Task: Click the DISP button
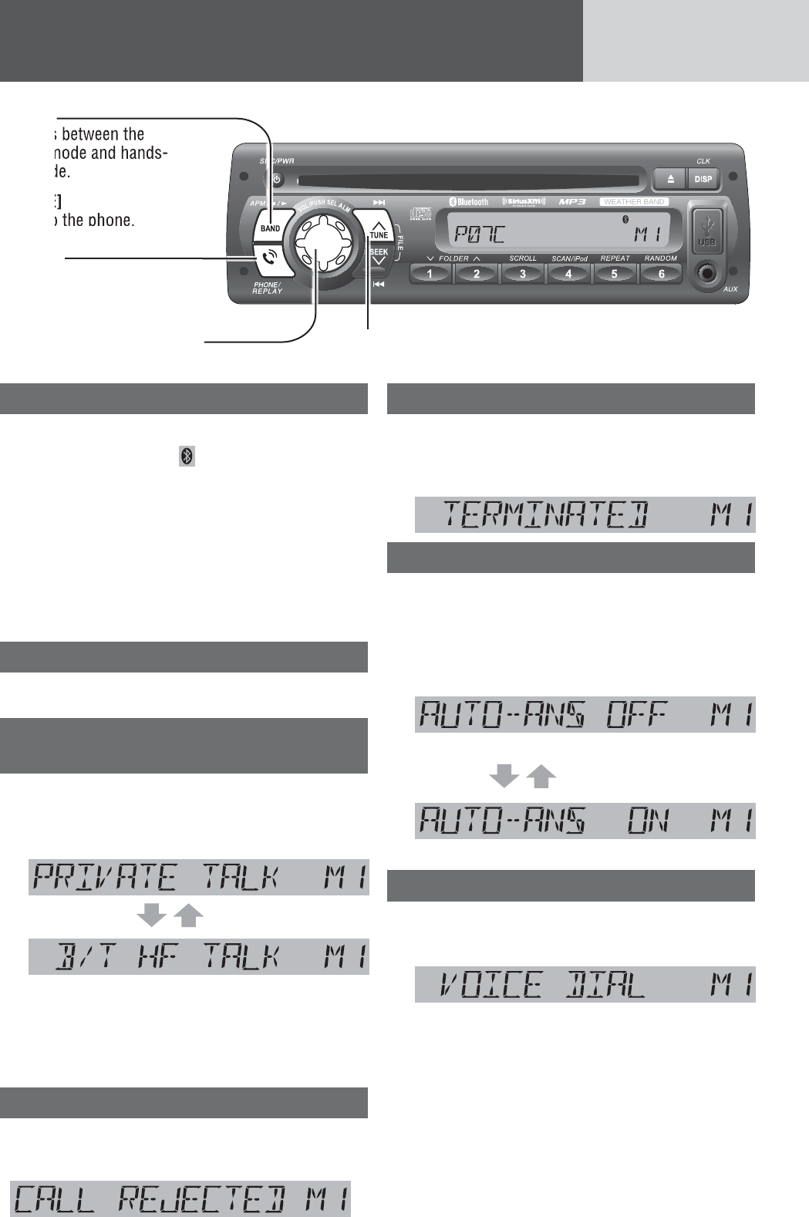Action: (703, 179)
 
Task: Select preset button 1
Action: (430, 274)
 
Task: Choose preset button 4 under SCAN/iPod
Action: (568, 274)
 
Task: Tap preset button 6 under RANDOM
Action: (660, 274)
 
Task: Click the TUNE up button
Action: (378, 231)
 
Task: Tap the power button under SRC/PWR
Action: (276, 180)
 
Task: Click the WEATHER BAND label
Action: (633, 202)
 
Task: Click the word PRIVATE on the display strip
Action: (103, 878)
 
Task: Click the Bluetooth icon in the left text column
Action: (187, 457)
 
